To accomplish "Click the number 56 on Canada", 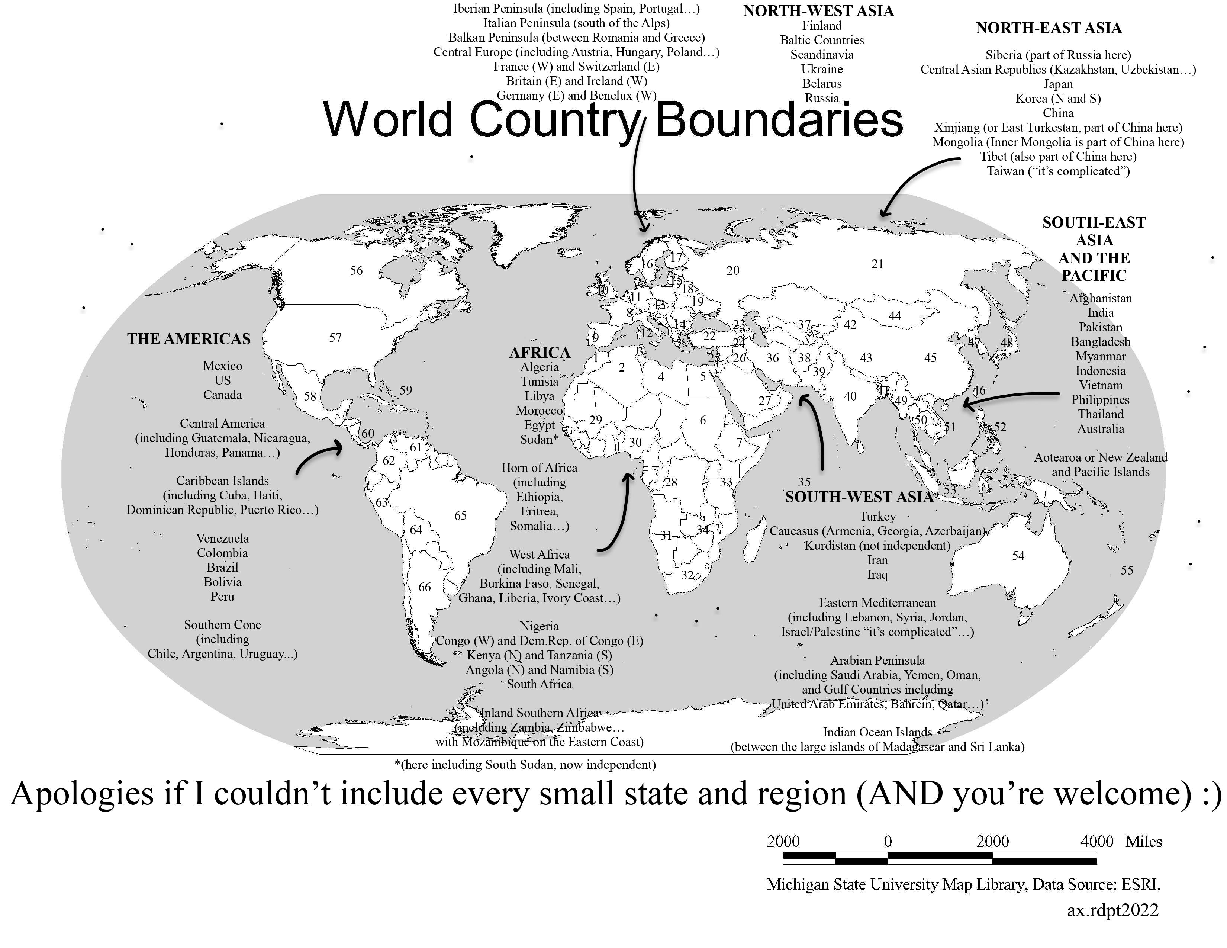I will pyautogui.click(x=356, y=270).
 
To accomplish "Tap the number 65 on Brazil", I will pyautogui.click(x=460, y=515).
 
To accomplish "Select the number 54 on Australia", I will pyautogui.click(x=1018, y=556).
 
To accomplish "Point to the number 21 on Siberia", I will pyautogui.click(x=877, y=264).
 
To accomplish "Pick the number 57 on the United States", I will pyautogui.click(x=335, y=338).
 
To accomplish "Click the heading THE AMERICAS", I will pyautogui.click(x=189, y=339).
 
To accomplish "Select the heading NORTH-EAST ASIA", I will pyautogui.click(x=1049, y=28).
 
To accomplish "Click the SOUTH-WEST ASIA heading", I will pyautogui.click(x=859, y=497).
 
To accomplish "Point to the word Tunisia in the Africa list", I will pyautogui.click(x=540, y=382).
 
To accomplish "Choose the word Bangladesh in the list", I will pyautogui.click(x=1100, y=342).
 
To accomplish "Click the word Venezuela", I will pyautogui.click(x=222, y=539).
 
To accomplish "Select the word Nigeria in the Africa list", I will pyautogui.click(x=540, y=626).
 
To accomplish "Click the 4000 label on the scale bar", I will pyautogui.click(x=1096, y=841).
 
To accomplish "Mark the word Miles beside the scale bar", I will pyautogui.click(x=1143, y=841).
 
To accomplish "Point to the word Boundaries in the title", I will pyautogui.click(x=779, y=120).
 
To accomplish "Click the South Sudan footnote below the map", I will pyautogui.click(x=525, y=764).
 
